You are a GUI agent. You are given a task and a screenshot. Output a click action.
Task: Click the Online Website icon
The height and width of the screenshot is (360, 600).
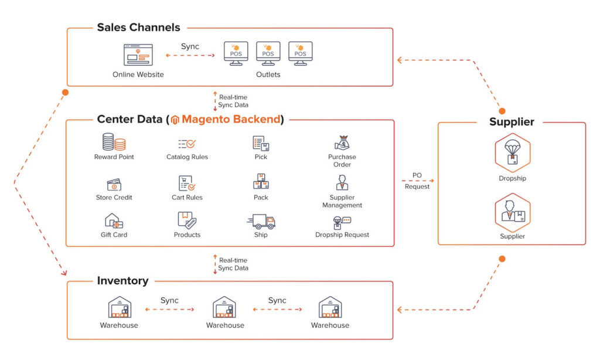[x=138, y=55]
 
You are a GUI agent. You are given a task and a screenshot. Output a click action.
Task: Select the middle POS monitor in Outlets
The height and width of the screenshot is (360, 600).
[x=268, y=53]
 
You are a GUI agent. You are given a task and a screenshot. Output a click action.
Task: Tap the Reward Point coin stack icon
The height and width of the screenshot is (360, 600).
[x=114, y=142]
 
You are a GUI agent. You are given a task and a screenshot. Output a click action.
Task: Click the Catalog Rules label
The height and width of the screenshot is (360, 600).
[x=187, y=157]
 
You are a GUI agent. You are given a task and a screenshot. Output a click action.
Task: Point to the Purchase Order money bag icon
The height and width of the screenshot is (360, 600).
[x=342, y=142]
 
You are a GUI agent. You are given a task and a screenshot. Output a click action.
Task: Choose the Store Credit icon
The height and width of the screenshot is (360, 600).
[x=114, y=185]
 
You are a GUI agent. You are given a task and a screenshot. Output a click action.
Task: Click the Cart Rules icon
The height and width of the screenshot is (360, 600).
[x=187, y=184]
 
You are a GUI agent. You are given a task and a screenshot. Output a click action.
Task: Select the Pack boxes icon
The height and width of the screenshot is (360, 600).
[x=261, y=182]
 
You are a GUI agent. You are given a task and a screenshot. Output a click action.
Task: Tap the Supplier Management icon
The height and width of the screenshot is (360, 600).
[x=342, y=183]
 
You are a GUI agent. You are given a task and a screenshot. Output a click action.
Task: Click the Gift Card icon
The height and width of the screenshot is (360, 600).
[x=114, y=221]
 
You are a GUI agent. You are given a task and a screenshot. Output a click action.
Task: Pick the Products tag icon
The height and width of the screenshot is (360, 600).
[x=187, y=220]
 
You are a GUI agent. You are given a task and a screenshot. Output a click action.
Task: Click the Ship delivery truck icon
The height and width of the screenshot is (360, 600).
[x=261, y=221]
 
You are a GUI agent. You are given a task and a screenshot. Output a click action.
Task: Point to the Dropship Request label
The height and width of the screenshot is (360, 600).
[x=342, y=235]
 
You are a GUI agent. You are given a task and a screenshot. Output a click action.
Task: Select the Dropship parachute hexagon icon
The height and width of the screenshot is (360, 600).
[x=512, y=152]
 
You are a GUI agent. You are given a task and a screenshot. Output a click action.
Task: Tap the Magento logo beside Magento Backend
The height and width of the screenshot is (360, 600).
[x=175, y=120]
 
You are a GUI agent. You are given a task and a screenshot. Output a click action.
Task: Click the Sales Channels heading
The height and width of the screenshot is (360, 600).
[x=138, y=28]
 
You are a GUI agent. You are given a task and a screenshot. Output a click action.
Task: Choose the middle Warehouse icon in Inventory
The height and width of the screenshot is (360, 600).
[x=224, y=307]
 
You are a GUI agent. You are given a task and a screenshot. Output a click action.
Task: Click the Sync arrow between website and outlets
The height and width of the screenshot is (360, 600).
[x=190, y=56]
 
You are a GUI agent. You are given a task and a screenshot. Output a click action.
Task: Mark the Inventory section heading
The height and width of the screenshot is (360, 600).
[x=122, y=281]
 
